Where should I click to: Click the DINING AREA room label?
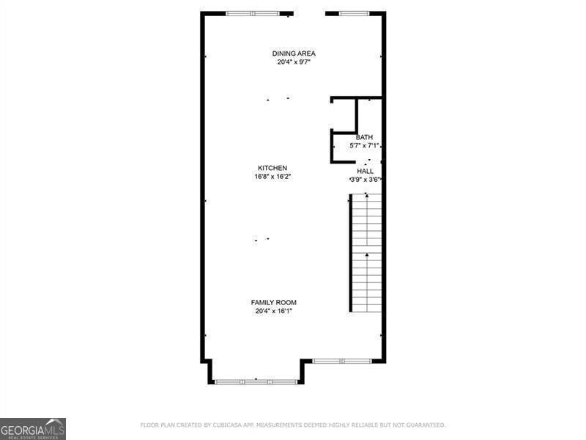294,54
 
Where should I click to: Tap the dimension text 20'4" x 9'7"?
294,62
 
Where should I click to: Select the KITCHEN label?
272,168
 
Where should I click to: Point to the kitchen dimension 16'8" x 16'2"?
272,177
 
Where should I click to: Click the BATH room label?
364,137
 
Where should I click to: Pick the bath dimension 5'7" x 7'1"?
364,146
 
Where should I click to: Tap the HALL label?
365,171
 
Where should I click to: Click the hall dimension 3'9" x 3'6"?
365,180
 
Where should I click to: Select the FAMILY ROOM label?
274,302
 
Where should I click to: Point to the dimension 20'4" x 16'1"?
274,311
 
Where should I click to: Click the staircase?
366,253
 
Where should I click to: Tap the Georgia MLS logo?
33,428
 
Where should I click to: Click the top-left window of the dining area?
253,13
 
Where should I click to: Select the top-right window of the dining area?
353,13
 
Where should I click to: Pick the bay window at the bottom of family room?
256,381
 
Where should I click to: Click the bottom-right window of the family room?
342,361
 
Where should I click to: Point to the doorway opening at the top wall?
309,13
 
